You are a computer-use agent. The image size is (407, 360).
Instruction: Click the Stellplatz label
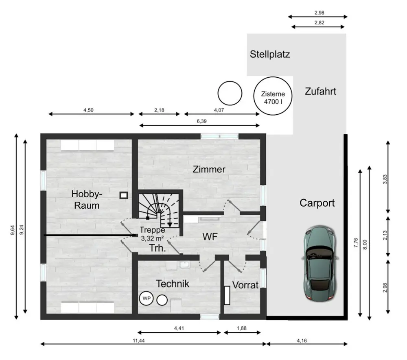coord(270,55)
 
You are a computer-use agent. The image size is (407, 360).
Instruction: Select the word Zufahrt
coord(320,91)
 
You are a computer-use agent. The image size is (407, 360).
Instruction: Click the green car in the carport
coord(319,263)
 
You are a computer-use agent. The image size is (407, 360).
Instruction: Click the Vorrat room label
coord(245,285)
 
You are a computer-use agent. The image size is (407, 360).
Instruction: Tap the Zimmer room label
coord(209,169)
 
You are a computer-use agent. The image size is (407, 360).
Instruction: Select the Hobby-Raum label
coord(87,200)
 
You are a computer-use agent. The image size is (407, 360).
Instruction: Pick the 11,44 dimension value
coord(139,340)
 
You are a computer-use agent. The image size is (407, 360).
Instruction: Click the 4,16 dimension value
coord(302,340)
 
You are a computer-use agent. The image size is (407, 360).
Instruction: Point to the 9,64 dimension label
coord(12,230)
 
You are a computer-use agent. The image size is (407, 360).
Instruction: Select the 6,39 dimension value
coord(201,121)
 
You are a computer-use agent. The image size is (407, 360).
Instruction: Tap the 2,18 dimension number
coord(159,110)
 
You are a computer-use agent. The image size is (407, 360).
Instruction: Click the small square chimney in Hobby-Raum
coord(124,195)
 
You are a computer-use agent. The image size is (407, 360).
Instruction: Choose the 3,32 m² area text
coord(152,238)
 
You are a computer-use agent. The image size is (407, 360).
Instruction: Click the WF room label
coord(210,236)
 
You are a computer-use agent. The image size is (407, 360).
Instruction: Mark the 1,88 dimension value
coord(241,328)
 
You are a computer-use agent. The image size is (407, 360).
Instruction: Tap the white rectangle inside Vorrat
coord(227,295)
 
